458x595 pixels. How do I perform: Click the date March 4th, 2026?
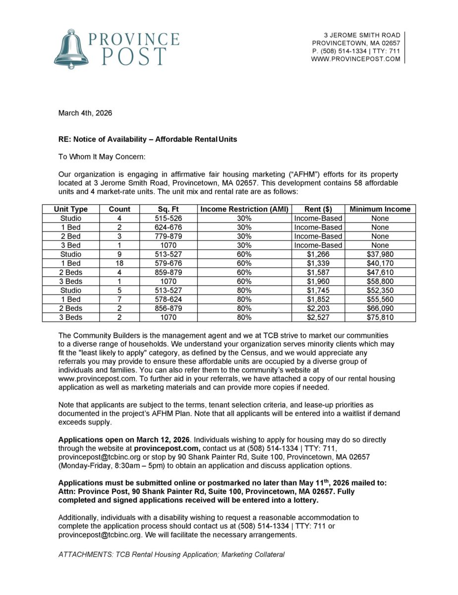(x=85, y=113)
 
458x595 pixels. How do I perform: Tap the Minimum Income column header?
(x=380, y=209)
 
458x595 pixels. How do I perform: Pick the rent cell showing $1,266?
(x=318, y=254)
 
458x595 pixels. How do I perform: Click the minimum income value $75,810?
(x=380, y=317)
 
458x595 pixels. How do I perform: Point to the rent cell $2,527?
(x=318, y=317)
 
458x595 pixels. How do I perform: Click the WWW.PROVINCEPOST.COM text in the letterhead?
(x=355, y=59)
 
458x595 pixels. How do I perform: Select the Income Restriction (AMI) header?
(x=244, y=209)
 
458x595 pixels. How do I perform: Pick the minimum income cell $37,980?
(x=380, y=254)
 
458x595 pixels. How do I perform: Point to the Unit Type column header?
(x=71, y=209)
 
